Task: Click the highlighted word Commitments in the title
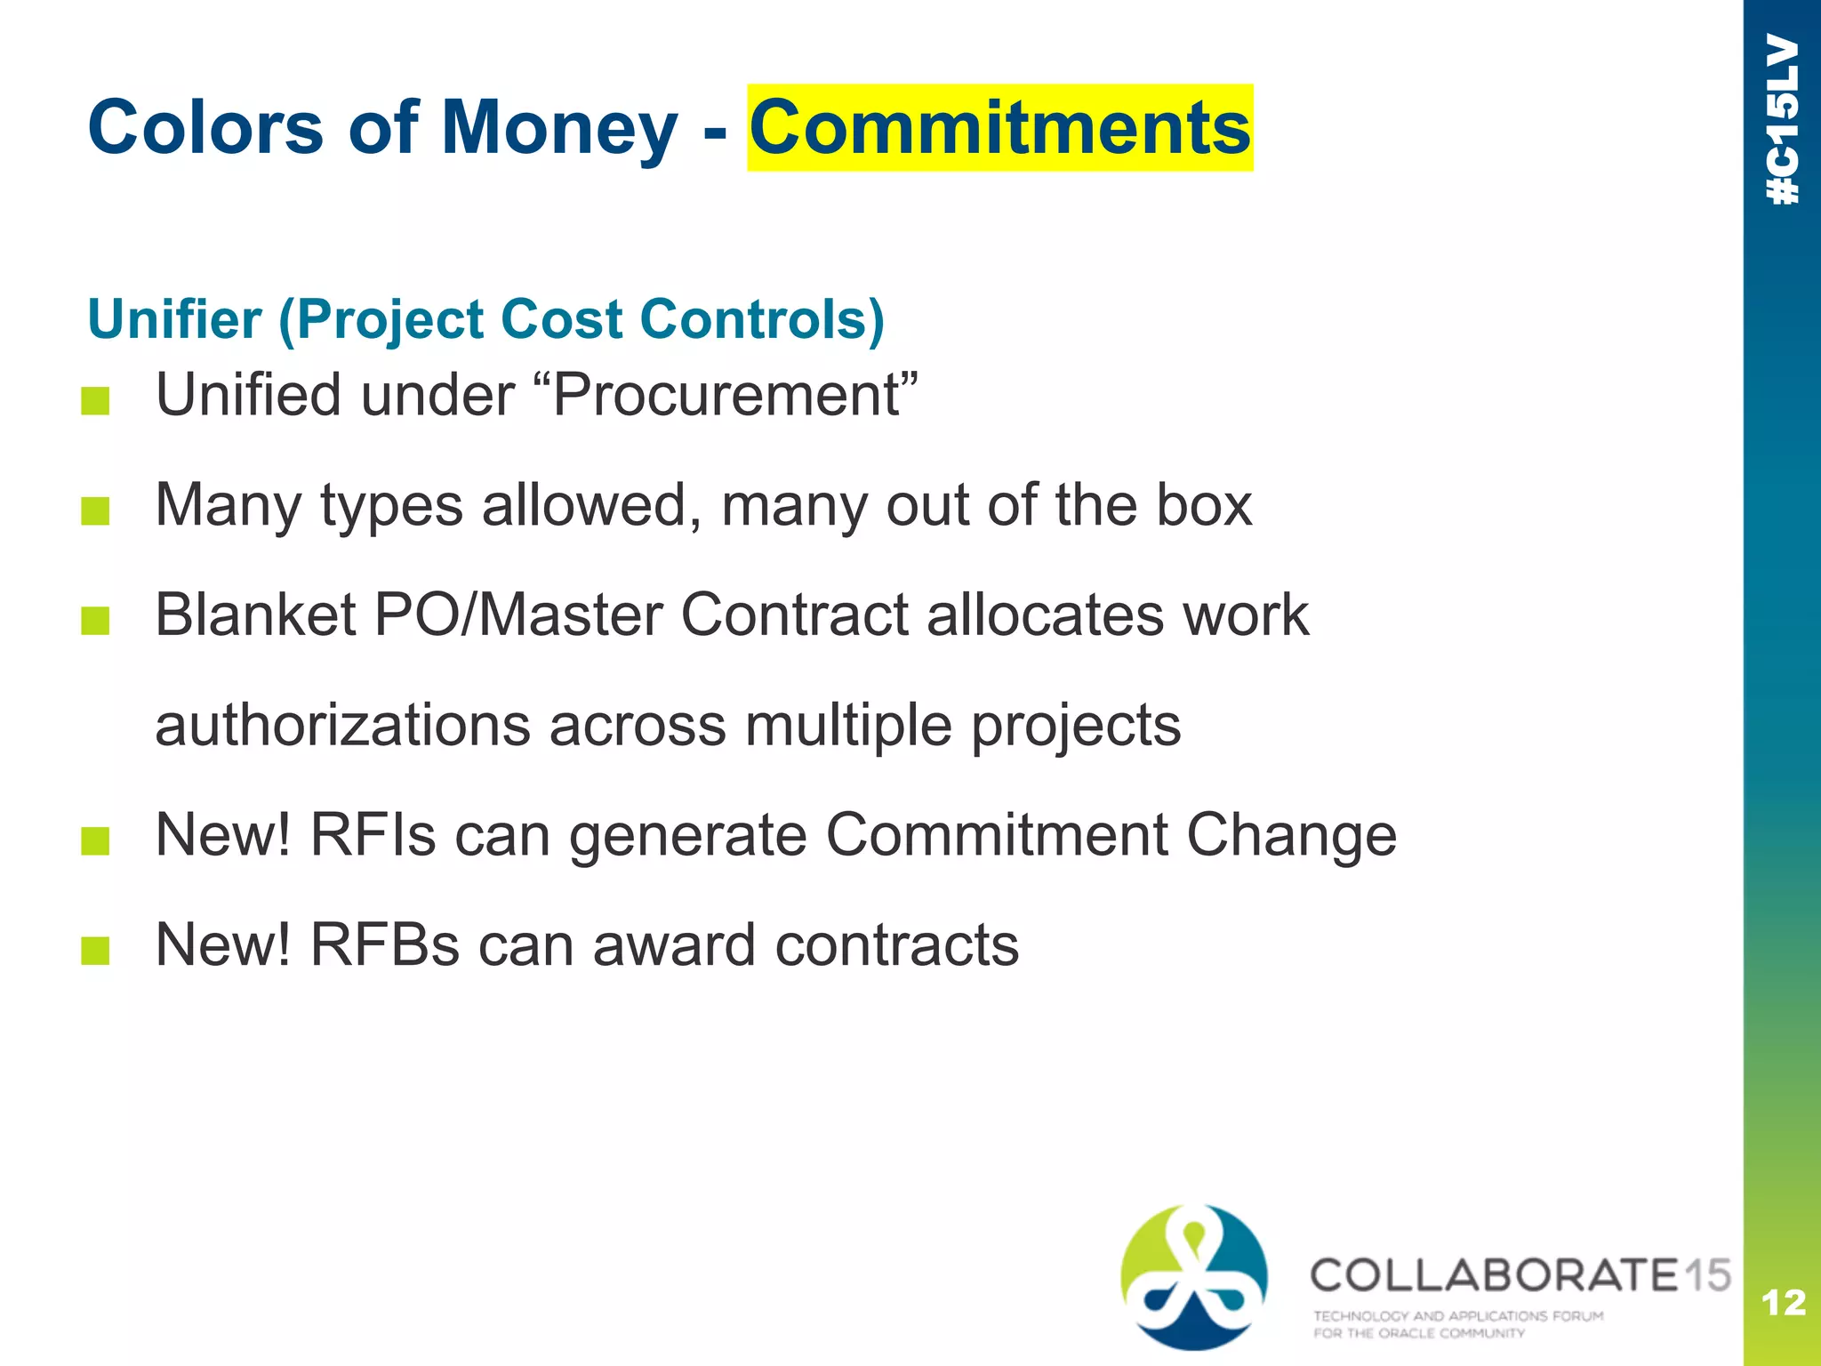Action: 999,128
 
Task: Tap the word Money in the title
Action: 559,128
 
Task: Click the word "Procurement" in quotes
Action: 734,394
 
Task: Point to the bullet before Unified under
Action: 95,401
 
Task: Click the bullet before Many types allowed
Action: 95,511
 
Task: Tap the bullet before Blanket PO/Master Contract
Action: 95,621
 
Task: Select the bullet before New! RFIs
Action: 95,840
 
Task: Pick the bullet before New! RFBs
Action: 95,951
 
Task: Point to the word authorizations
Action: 342,725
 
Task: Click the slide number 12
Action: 1783,1303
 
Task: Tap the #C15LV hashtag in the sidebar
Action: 1783,120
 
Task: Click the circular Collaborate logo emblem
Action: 1194,1277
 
